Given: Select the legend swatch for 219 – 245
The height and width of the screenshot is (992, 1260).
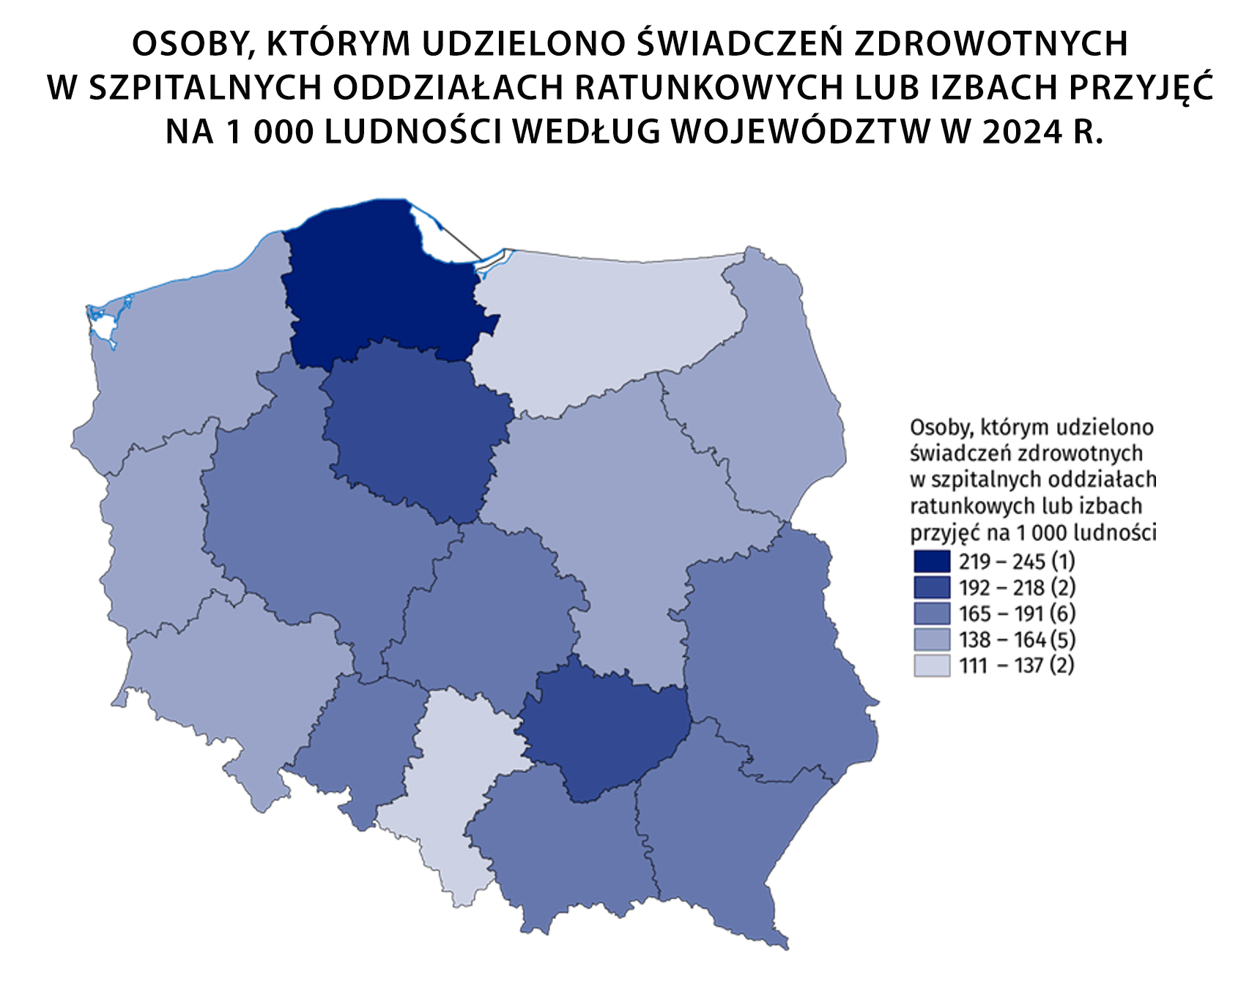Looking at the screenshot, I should click(932, 562).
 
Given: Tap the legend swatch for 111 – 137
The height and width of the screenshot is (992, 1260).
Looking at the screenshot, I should click(932, 665).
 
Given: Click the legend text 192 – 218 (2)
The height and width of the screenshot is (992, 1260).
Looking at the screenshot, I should click(1017, 587).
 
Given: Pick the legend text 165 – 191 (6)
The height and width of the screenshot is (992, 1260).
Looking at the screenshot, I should click(1017, 614).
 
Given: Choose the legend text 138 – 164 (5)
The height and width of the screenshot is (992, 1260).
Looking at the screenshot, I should click(1017, 640).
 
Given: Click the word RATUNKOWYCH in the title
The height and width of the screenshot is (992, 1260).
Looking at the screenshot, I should click(708, 87).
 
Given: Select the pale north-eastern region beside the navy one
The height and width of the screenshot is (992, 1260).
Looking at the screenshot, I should click(601, 322).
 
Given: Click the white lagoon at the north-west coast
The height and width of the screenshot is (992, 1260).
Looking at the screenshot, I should click(103, 326).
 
